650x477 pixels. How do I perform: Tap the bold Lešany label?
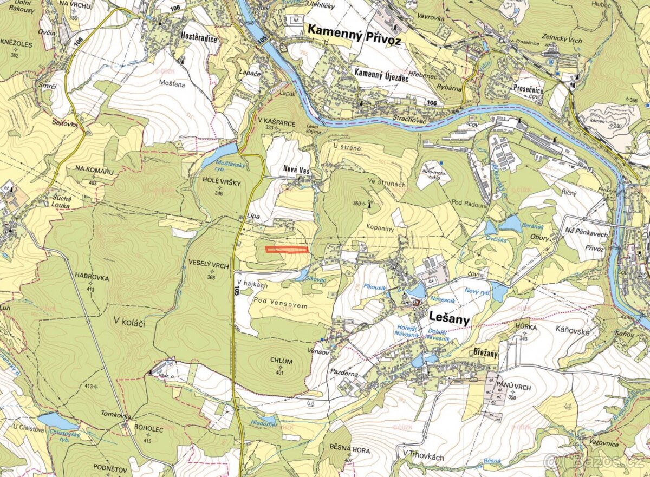449,318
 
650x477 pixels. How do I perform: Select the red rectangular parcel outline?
287,250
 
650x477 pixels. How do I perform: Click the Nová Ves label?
296,170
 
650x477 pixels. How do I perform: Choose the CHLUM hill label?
280,361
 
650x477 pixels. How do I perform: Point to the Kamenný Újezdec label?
381,72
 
